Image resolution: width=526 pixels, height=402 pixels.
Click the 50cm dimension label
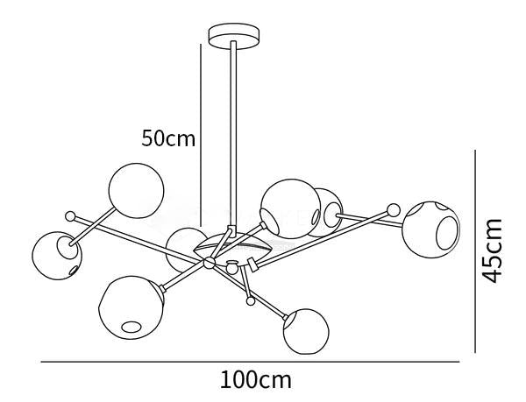click(x=168, y=138)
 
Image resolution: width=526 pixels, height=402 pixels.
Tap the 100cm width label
click(x=256, y=380)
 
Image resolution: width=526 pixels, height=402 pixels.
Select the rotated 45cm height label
click(x=492, y=250)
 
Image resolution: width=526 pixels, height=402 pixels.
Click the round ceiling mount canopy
click(x=234, y=36)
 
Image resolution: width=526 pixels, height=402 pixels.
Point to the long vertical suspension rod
click(x=233, y=134)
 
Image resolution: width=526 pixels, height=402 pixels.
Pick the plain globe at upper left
click(x=136, y=191)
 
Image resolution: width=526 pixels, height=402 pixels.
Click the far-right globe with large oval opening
click(x=430, y=229)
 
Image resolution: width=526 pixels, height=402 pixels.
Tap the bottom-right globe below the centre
click(x=306, y=331)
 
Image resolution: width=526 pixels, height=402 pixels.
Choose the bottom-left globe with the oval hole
click(x=131, y=307)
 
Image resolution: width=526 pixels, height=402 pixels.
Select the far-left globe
click(x=57, y=256)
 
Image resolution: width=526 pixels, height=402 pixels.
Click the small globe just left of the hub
click(x=183, y=249)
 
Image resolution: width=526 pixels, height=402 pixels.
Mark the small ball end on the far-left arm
click(x=70, y=216)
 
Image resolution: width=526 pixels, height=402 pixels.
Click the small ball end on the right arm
click(x=394, y=210)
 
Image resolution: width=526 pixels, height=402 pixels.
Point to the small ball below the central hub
click(x=250, y=301)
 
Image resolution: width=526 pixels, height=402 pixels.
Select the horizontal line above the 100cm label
click(x=250, y=362)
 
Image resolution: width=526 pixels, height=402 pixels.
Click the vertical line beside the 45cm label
click(x=475, y=251)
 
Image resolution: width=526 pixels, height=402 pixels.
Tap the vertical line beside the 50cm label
click(x=201, y=135)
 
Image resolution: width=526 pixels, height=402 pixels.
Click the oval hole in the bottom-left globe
click(x=131, y=327)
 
